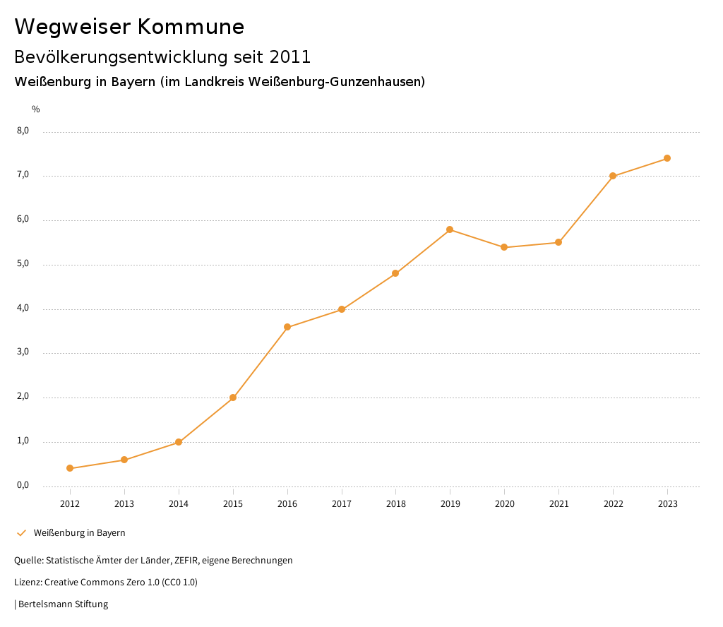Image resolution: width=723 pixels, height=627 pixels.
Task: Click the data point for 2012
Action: coord(70,468)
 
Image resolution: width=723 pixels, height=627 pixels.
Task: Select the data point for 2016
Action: coord(287,327)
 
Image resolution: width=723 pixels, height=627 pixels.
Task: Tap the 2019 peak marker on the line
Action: coord(450,229)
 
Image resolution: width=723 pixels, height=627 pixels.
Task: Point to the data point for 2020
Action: coord(504,247)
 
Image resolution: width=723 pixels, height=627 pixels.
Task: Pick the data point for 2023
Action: coord(667,158)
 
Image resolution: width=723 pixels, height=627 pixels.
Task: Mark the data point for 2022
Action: coord(613,176)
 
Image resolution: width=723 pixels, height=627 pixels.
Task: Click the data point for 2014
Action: coord(179,442)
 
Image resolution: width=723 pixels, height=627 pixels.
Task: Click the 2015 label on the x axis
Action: coord(233,504)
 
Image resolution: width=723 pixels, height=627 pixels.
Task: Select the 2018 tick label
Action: coord(395,504)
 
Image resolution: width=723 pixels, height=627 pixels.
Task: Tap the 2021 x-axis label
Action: coord(558,504)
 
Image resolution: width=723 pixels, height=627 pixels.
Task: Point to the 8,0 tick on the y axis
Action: coord(23,131)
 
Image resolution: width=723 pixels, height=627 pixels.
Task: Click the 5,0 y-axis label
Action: coord(23,264)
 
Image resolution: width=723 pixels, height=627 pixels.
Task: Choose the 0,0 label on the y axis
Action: coord(23,486)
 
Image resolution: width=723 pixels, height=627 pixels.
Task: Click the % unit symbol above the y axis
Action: coord(36,109)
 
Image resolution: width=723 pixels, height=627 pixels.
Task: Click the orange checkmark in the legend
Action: coord(21,532)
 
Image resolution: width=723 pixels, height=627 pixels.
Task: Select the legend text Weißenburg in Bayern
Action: coord(79,533)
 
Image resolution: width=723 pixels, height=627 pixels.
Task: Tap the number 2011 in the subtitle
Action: coord(290,56)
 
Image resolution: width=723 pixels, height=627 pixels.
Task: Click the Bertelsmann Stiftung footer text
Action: coord(63,604)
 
